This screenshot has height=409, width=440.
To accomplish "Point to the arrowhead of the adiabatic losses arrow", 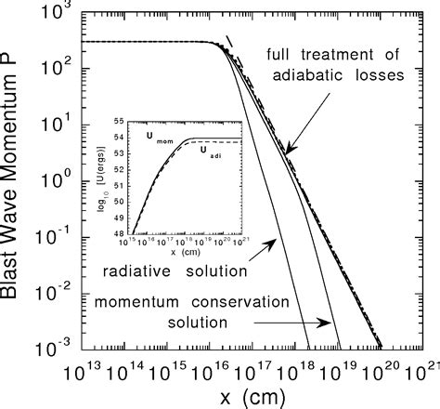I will pos(288,152).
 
